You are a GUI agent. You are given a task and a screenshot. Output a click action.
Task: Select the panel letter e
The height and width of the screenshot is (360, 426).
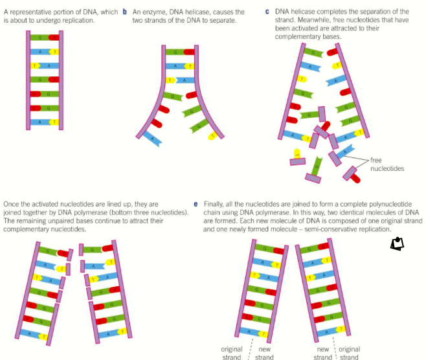coord(196,202)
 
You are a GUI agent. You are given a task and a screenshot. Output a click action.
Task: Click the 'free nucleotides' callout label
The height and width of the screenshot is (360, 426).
coord(386,164)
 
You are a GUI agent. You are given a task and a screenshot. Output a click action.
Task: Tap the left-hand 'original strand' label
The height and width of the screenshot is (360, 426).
coord(231,353)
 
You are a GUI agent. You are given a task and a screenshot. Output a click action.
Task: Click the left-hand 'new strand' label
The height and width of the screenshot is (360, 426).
coord(264,353)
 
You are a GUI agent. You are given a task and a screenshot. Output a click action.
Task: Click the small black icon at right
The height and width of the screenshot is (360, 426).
coord(397,243)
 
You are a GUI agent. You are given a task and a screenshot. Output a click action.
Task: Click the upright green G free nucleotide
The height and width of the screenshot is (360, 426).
coord(316,166)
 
